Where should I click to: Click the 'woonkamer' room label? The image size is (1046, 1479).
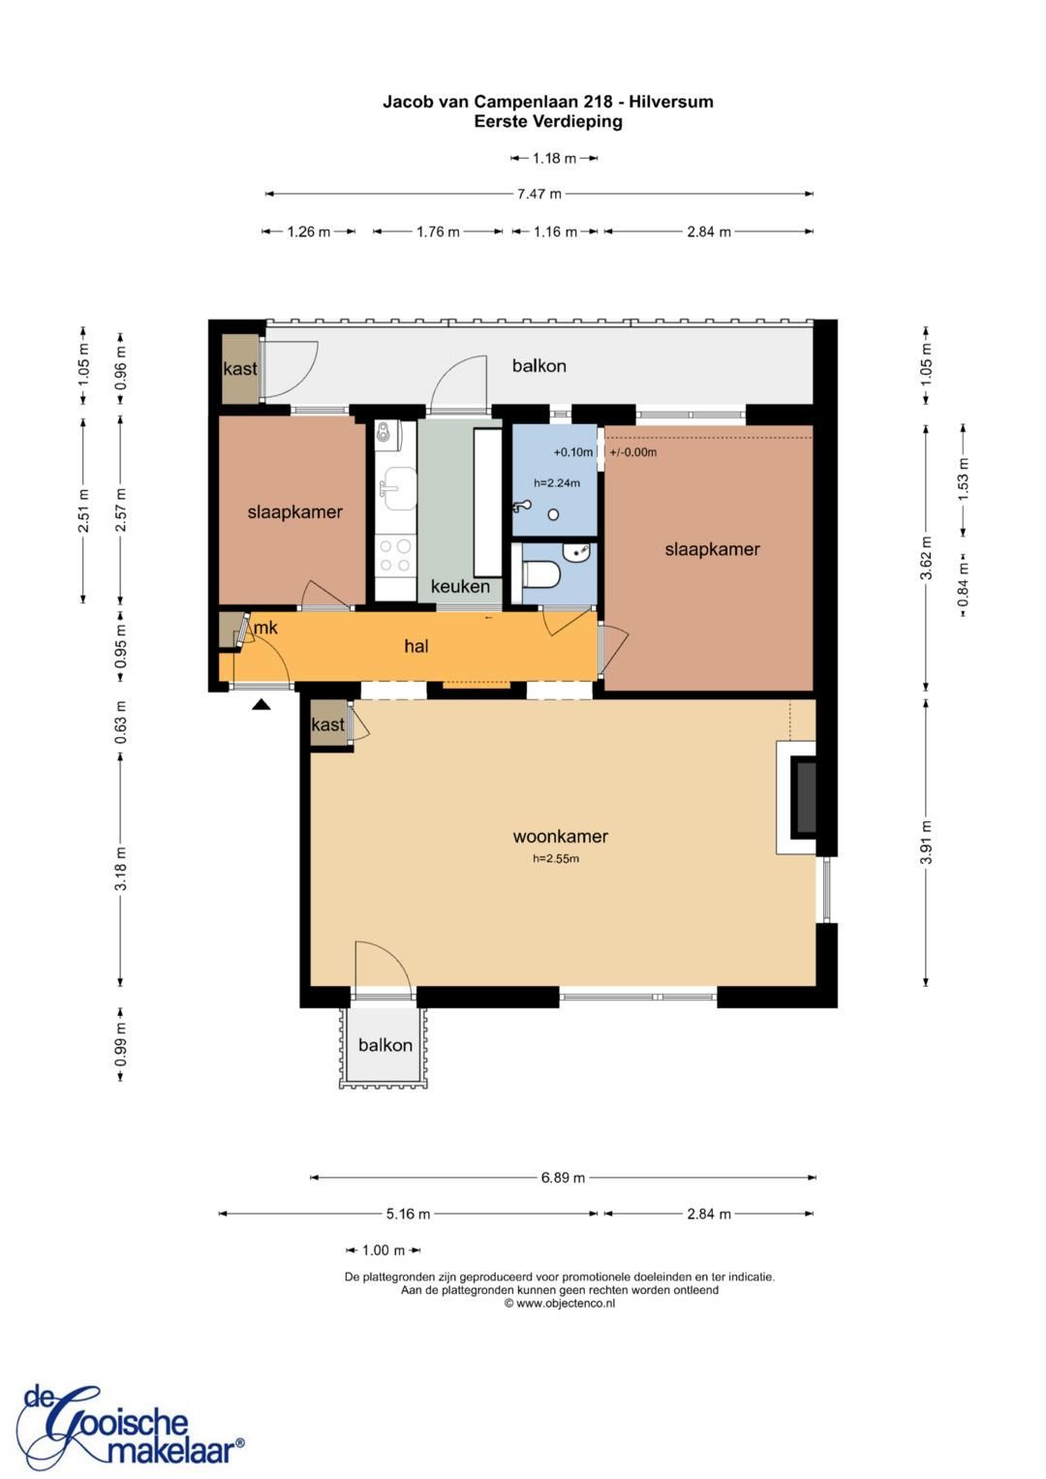tap(560, 836)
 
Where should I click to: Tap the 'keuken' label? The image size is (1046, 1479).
tap(460, 586)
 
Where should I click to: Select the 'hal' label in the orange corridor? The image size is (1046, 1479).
tap(416, 646)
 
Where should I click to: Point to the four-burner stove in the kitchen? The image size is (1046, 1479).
tap(395, 556)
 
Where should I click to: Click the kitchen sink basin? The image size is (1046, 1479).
tap(400, 489)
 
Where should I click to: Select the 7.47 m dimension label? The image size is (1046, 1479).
tap(538, 194)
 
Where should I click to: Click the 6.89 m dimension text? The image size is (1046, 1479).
tap(563, 1177)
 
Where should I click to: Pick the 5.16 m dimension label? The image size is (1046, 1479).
tap(408, 1214)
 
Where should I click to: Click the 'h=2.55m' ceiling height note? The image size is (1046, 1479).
tap(555, 859)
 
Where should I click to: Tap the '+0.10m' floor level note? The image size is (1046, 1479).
tap(572, 452)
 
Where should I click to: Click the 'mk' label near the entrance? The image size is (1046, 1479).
tap(265, 628)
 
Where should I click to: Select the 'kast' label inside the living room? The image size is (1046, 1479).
tap(327, 724)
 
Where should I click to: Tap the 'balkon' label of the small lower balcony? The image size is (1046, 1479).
tap(385, 1044)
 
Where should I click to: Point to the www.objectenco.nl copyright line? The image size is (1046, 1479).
tap(560, 1303)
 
